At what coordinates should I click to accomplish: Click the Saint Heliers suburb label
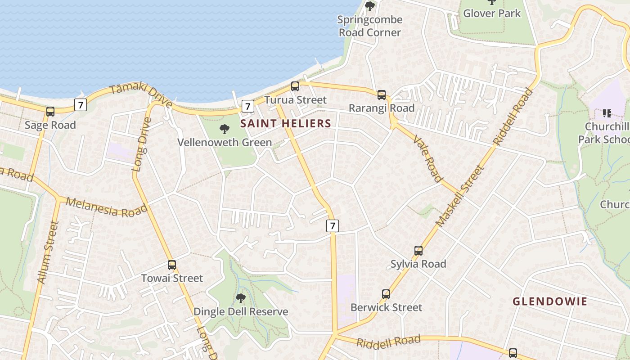(x=286, y=123)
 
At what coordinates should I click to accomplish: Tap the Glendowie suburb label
(x=550, y=301)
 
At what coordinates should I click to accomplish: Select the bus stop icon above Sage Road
(x=50, y=111)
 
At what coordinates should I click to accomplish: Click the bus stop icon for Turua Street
(x=295, y=86)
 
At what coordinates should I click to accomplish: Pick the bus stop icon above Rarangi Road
(x=382, y=94)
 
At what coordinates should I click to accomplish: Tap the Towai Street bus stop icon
(x=172, y=265)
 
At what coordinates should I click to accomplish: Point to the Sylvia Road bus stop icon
(x=418, y=251)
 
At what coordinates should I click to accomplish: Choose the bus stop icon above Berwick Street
(x=386, y=294)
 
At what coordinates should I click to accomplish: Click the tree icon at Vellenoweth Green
(x=224, y=130)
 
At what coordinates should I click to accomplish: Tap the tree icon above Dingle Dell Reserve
(x=241, y=298)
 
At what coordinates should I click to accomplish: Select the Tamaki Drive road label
(x=141, y=94)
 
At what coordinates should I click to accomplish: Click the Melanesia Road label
(x=107, y=207)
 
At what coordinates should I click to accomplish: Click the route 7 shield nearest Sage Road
(x=80, y=105)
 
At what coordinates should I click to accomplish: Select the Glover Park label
(x=492, y=13)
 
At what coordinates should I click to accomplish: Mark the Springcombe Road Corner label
(x=370, y=26)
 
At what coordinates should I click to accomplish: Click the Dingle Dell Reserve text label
(x=241, y=311)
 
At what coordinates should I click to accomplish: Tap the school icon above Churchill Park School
(x=607, y=113)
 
